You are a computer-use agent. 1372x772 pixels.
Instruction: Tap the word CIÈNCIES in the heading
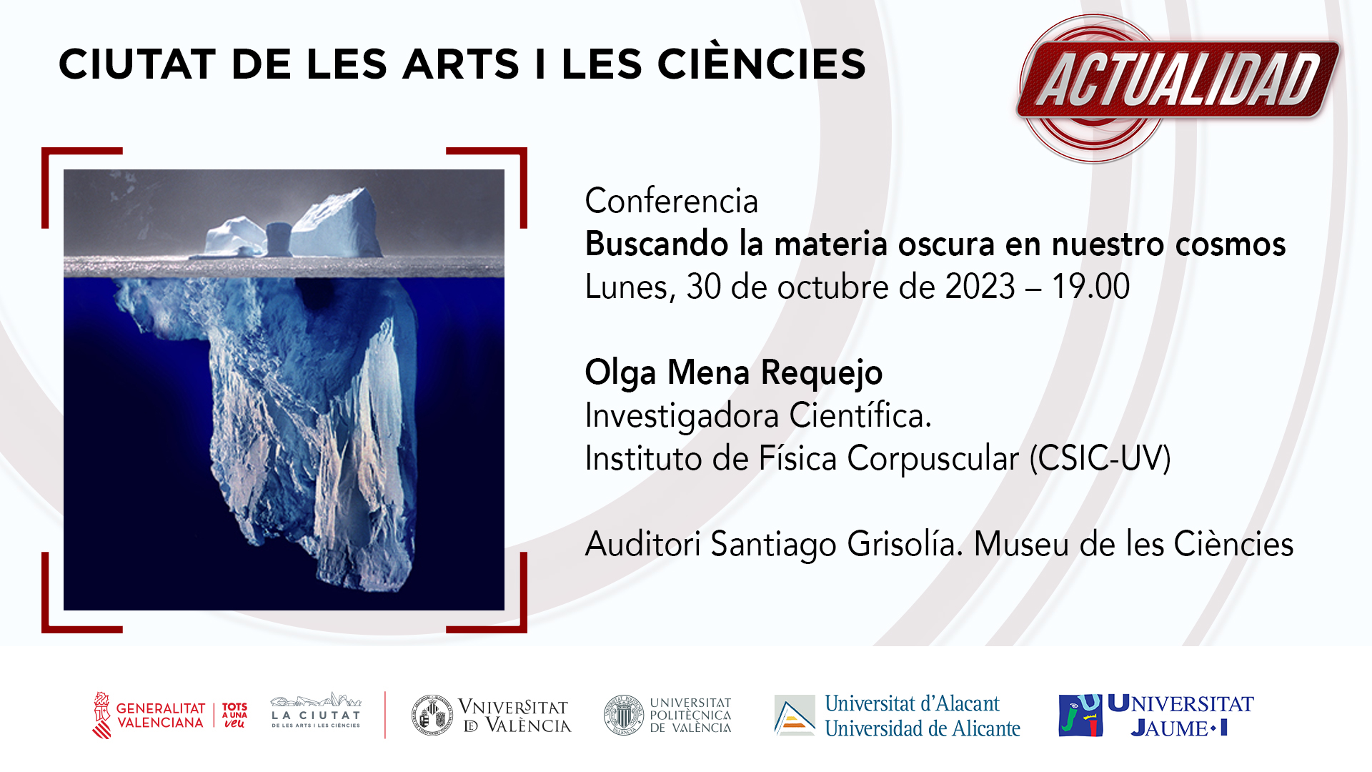pos(762,64)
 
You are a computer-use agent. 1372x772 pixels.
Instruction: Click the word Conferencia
pos(671,201)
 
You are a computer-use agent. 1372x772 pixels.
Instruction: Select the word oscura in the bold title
pos(946,244)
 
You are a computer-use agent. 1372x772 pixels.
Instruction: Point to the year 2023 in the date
pos(980,287)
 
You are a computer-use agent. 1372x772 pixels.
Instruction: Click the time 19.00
pos(1091,287)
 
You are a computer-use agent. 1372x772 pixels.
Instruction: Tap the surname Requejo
pos(822,373)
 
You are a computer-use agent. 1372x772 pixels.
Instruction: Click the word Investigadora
pos(682,415)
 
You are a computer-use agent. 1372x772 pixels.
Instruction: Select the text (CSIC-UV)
pos(1100,458)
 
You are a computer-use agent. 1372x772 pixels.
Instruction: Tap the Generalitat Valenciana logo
pos(170,715)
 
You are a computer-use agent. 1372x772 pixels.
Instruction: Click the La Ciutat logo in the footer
pos(316,711)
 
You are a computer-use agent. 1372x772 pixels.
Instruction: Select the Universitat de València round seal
pos(432,715)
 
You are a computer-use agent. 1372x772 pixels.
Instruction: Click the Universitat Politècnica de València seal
pos(624,715)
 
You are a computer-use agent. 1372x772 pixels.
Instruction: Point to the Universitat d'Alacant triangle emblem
pos(795,715)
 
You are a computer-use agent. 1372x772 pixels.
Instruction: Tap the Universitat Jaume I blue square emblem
pos(1080,715)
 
